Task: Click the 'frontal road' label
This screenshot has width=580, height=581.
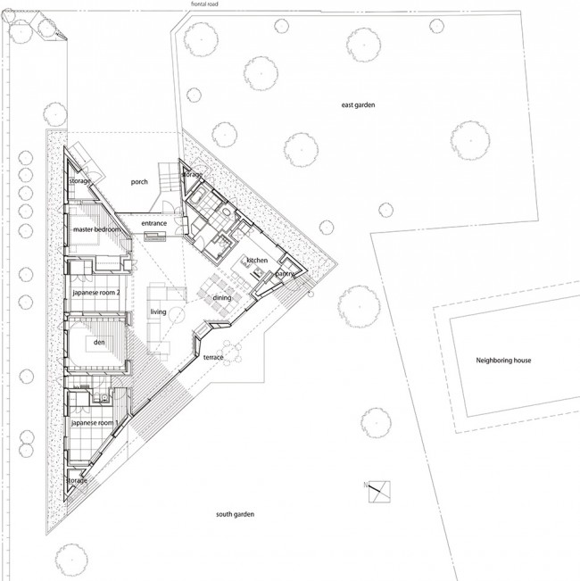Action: [204, 4]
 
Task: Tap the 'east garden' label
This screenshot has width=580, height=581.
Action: [358, 104]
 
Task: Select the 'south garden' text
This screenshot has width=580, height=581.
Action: [235, 514]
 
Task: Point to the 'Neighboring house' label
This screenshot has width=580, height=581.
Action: [503, 361]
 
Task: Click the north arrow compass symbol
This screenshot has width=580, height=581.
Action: [379, 492]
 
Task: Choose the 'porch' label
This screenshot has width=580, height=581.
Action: [139, 182]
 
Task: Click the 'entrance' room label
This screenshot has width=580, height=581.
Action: [154, 223]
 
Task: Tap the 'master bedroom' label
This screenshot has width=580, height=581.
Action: [96, 229]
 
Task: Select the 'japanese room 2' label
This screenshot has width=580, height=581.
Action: [96, 293]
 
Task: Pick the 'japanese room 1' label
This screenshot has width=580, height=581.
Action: [95, 423]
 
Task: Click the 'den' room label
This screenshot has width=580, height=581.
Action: [99, 343]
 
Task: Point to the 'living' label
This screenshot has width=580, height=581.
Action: [158, 312]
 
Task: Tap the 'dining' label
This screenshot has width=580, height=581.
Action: [222, 297]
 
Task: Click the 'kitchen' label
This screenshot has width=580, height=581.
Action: [257, 261]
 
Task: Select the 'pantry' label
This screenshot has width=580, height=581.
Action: [285, 274]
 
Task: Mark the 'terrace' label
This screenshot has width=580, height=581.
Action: [213, 357]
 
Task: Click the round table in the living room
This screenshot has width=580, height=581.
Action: [176, 315]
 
